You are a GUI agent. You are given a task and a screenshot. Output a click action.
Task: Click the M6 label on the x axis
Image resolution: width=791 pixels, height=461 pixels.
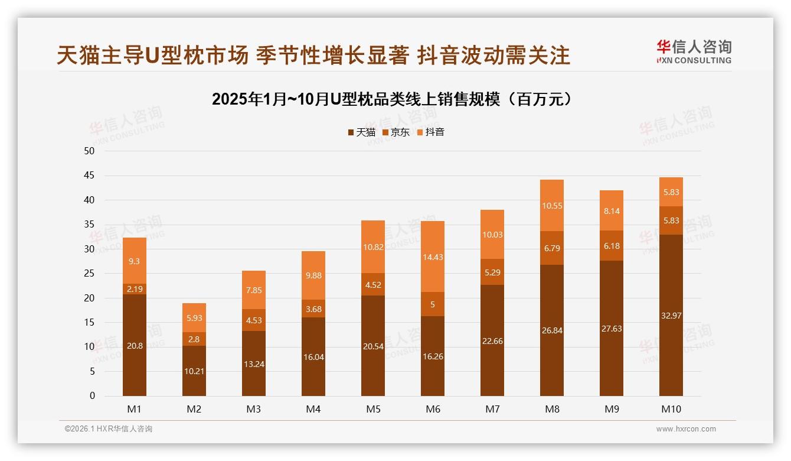tap(433, 409)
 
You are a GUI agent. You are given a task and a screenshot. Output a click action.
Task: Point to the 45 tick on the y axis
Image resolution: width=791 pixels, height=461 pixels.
tap(89, 176)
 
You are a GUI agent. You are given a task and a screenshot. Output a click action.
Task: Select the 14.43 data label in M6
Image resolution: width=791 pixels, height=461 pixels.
tap(433, 257)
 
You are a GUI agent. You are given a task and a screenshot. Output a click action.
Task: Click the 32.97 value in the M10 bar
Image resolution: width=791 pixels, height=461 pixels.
tap(671, 316)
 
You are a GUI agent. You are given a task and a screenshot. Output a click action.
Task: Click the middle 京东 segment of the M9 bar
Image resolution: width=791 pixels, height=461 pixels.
tap(612, 245)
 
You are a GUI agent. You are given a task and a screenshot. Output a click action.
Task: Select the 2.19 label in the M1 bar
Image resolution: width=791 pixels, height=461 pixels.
tap(135, 289)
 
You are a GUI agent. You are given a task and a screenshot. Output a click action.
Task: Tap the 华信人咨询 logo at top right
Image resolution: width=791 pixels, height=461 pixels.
tap(694, 51)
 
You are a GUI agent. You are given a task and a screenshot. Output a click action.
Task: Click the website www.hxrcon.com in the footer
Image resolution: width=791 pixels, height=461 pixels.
tap(686, 429)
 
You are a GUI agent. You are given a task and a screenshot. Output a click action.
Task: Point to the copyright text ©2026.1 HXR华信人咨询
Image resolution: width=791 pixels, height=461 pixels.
tap(109, 429)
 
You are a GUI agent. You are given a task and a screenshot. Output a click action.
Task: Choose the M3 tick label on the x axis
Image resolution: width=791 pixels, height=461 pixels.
tap(254, 409)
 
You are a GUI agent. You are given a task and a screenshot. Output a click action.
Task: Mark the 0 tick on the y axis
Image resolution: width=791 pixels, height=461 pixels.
tap(92, 396)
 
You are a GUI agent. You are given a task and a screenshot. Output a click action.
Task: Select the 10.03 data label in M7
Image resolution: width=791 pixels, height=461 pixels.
tap(492, 235)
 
